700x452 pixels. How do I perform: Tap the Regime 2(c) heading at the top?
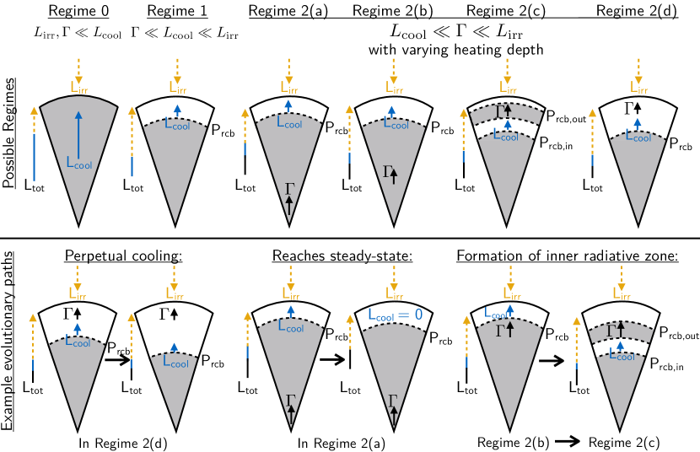tap(508, 11)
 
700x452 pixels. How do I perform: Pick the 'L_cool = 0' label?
tap(396, 314)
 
